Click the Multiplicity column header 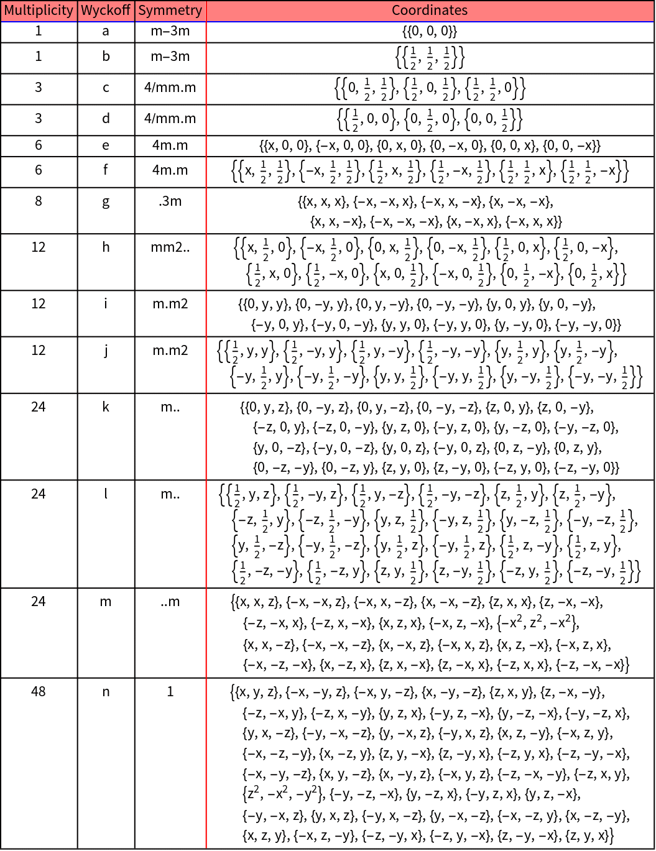(x=39, y=11)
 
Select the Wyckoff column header (x=106, y=11)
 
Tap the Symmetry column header (x=170, y=11)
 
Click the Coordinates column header (x=430, y=11)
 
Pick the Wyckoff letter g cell (x=106, y=201)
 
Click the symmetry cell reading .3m (x=170, y=201)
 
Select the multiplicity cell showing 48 (x=39, y=691)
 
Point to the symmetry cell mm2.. (x=170, y=247)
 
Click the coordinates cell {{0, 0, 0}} (x=430, y=31)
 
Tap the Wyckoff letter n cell (x=106, y=691)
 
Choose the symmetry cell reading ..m (x=170, y=602)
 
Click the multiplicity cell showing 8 (x=39, y=201)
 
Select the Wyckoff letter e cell (x=106, y=145)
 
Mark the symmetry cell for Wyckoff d (x=170, y=118)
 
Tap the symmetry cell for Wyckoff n (x=170, y=691)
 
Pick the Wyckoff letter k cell (x=106, y=407)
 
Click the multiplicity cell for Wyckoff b (x=39, y=57)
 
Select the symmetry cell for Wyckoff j (x=170, y=351)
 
